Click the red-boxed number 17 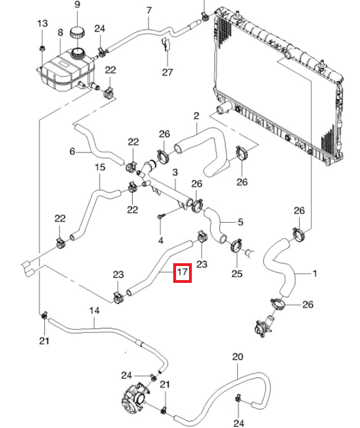coord(182,273)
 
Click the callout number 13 coord(43,24)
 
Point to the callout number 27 coord(168,72)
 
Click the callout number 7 coord(149,11)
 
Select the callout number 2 coord(196,116)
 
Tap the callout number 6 coord(72,151)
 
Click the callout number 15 coord(100,168)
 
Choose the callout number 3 coord(175,172)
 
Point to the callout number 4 coord(161,241)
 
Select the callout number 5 coord(240,222)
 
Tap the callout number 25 coord(237,274)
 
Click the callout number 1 coord(314,274)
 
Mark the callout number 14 coord(94,310)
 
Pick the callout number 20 coord(237,357)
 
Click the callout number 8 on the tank coord(60,33)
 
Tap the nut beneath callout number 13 coord(43,47)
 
